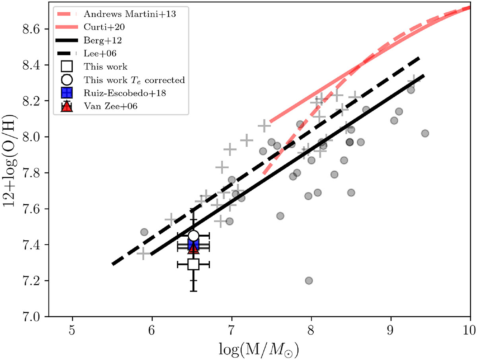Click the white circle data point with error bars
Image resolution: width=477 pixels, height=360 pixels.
click(x=194, y=235)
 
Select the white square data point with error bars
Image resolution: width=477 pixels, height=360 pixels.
click(x=194, y=264)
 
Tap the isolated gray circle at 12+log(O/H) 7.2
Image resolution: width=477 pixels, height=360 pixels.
click(x=309, y=280)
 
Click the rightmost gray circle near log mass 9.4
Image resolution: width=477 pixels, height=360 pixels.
click(x=425, y=133)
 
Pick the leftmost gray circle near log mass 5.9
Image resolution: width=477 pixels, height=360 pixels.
click(x=144, y=232)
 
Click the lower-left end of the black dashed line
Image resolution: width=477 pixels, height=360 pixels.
click(x=113, y=264)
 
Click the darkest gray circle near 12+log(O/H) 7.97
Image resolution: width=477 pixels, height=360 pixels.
click(x=350, y=142)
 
